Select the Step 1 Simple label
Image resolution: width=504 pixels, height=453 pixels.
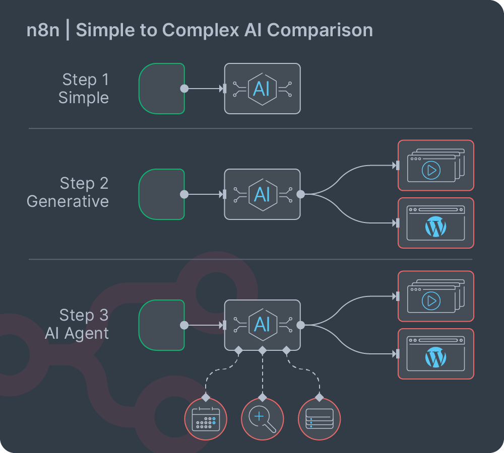(x=84, y=89)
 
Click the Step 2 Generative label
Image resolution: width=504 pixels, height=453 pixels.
(x=68, y=192)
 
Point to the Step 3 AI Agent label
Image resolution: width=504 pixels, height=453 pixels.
(x=77, y=324)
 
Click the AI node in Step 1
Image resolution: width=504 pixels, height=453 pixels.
(x=262, y=89)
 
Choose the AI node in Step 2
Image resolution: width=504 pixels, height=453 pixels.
(x=262, y=194)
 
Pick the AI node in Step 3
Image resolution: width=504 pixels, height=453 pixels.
(x=262, y=325)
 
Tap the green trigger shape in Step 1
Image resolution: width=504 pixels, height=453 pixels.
(x=161, y=89)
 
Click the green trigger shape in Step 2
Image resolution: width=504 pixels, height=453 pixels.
(x=161, y=194)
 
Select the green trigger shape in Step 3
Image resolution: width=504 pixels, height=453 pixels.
(x=161, y=325)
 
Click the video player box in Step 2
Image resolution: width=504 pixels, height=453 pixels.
(x=436, y=166)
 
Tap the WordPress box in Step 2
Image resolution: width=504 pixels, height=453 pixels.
(x=436, y=223)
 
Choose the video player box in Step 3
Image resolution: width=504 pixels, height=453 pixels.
(x=436, y=296)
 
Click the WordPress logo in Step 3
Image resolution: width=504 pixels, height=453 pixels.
(x=436, y=358)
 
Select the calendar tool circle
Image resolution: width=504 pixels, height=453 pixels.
(x=206, y=419)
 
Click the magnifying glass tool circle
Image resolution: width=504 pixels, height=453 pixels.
(x=262, y=419)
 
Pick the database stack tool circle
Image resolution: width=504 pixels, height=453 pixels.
(x=320, y=419)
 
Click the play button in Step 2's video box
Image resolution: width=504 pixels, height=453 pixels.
(x=431, y=170)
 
